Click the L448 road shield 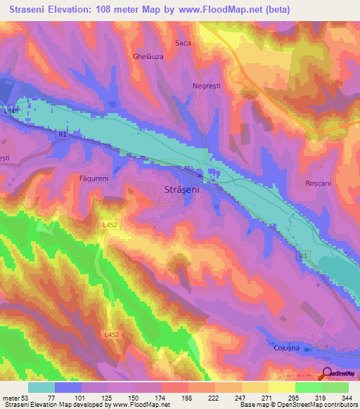tap(12, 110)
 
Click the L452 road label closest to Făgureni tap(109, 225)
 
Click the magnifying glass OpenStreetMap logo tap(328, 375)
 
